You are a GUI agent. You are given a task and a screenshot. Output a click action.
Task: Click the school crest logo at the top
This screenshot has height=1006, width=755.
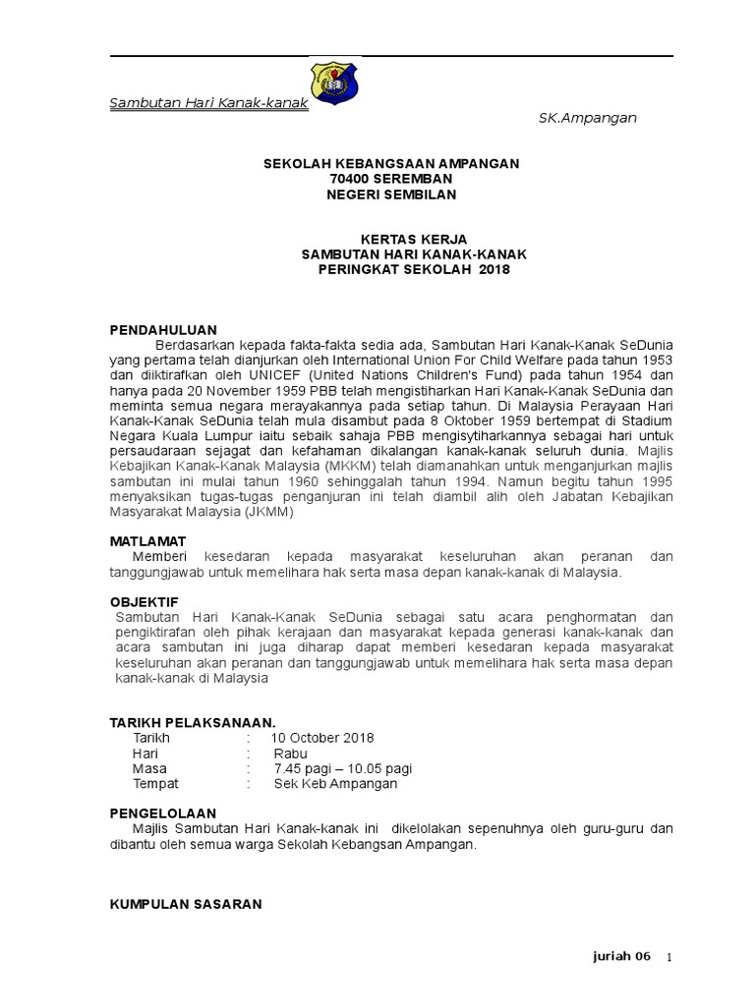click(x=335, y=83)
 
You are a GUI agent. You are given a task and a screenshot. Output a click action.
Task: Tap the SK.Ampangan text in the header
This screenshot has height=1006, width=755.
click(x=587, y=118)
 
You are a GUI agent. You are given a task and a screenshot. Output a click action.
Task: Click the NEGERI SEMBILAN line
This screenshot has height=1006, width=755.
click(x=377, y=195)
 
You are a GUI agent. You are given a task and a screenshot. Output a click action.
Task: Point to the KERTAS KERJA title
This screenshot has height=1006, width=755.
click(x=377, y=240)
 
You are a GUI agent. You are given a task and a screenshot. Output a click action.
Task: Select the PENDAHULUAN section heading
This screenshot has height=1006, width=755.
click(x=162, y=329)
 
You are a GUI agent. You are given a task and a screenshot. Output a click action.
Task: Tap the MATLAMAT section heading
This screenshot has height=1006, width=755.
click(x=146, y=541)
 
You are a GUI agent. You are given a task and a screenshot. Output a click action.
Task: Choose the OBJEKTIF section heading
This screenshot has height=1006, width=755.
click(x=144, y=601)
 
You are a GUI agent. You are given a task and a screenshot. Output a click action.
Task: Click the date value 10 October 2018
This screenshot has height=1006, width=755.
click(x=323, y=738)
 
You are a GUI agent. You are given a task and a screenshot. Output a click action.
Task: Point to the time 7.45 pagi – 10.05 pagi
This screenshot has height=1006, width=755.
click(x=342, y=769)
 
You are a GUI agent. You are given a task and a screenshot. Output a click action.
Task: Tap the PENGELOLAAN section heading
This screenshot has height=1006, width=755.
click(x=161, y=813)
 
